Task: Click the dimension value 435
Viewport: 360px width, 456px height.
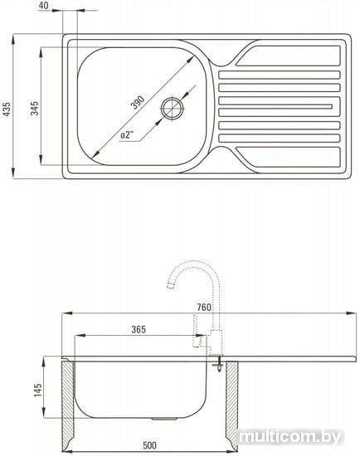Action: [7, 109]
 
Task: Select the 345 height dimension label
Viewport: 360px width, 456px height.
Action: [34, 108]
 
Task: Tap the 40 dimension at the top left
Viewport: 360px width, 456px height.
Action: [43, 5]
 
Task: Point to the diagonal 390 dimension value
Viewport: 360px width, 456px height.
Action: [138, 102]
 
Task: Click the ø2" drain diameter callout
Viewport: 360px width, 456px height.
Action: [127, 135]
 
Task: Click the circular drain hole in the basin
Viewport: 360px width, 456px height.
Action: [173, 109]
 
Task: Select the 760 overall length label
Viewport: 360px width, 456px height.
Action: [204, 307]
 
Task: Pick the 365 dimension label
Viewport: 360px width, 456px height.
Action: [139, 329]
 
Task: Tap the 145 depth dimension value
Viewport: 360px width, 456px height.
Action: [38, 390]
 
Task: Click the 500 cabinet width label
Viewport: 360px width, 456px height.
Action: [149, 445]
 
